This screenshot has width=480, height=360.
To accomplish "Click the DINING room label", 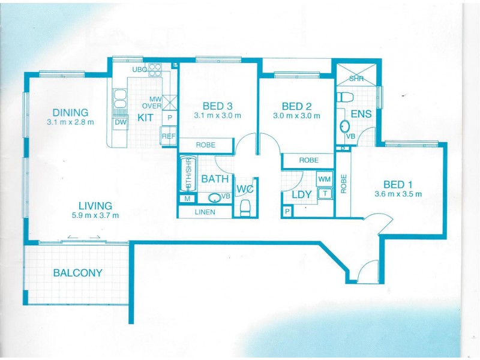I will coord(70,112).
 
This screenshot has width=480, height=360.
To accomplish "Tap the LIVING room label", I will coord(95,206).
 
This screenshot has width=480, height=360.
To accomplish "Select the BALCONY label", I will coord(77,272).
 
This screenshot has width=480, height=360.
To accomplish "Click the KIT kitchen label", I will coord(145,118).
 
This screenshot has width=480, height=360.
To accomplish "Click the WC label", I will coord(245,190).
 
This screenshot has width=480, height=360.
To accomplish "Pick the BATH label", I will coord(213,179).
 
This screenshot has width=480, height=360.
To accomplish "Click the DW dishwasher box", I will coord(120,122).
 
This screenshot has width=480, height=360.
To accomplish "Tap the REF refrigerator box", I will coord(169,137).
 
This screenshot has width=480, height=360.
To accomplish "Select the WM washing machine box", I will coord(325,179).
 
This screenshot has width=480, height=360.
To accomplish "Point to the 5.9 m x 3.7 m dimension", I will coord(95,215).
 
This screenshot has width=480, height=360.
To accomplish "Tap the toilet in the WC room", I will coord(245,208).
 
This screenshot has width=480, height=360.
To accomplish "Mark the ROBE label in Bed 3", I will coord(205,145).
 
